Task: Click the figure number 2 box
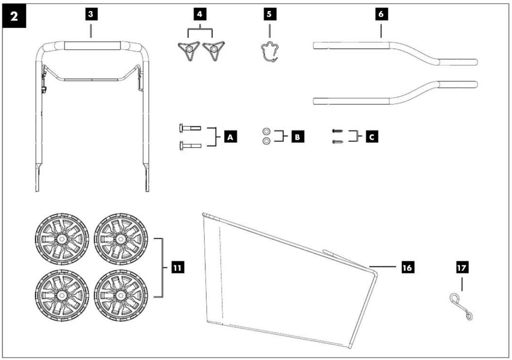pos(14,16)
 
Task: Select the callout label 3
pos(91,14)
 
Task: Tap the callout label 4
pos(200,14)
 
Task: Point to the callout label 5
pos(270,14)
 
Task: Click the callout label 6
pos(381,14)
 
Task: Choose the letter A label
pos(230,137)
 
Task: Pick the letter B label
pos(298,137)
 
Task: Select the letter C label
pos(372,137)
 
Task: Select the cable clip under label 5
pos(270,52)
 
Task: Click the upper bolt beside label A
pos(190,128)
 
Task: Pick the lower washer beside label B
pos(266,141)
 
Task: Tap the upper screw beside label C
pos(337,131)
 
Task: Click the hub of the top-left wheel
pos(61,239)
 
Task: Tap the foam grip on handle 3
pos(92,45)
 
